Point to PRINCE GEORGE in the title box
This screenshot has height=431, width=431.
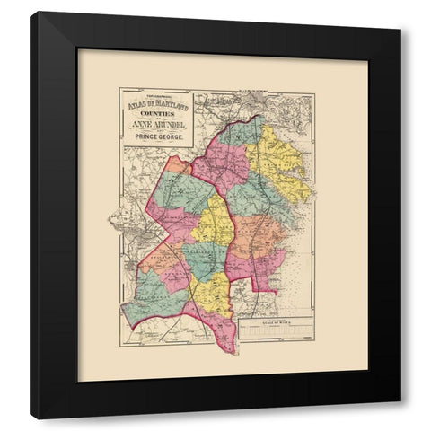click(158, 139)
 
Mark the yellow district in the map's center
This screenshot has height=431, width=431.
click(215, 220)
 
